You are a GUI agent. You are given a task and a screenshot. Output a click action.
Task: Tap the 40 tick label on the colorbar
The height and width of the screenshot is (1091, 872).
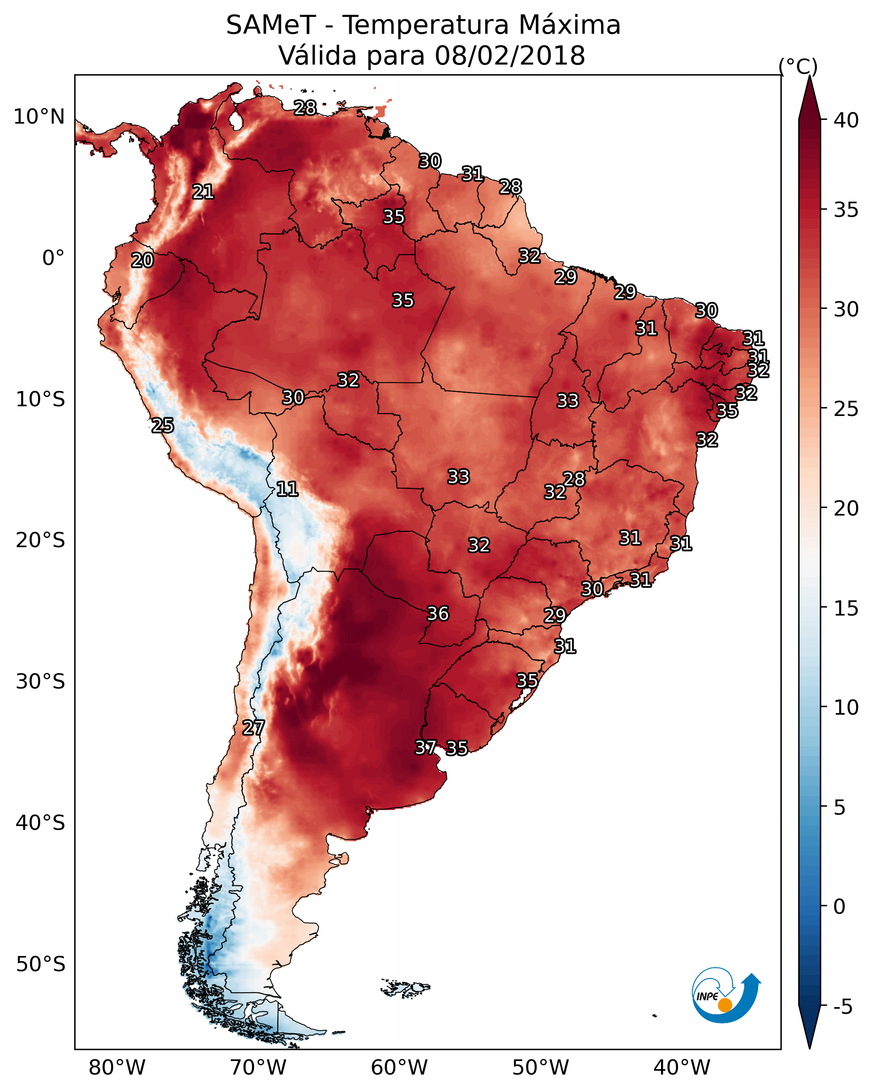(x=846, y=120)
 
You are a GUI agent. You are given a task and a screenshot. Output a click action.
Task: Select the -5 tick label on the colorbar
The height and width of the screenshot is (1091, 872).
(x=843, y=1007)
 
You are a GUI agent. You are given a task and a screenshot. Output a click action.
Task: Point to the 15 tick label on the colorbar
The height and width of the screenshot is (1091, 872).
(x=846, y=608)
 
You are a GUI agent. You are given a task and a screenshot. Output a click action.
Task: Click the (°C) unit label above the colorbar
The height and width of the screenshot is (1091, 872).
(x=798, y=66)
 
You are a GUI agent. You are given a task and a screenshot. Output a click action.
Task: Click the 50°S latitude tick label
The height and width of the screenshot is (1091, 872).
(x=40, y=964)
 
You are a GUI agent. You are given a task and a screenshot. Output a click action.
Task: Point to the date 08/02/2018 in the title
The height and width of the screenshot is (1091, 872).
(x=510, y=56)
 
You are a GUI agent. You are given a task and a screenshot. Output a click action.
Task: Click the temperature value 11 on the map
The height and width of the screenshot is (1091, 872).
(x=287, y=489)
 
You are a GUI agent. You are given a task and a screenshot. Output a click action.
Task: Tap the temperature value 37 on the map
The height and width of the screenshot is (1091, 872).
(x=426, y=747)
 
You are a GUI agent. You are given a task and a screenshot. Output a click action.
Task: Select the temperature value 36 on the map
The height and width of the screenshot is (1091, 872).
(x=438, y=613)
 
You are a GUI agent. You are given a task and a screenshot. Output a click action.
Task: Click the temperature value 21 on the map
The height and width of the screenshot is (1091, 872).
(x=203, y=191)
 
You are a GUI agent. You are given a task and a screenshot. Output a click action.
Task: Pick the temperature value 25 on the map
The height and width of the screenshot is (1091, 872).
(x=162, y=425)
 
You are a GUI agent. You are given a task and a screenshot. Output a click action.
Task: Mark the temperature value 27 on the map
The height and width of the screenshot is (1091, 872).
(x=254, y=728)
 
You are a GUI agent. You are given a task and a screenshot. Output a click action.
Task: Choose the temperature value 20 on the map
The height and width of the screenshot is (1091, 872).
(x=142, y=260)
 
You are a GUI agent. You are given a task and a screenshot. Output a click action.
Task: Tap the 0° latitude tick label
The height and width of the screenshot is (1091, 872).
(x=54, y=258)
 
